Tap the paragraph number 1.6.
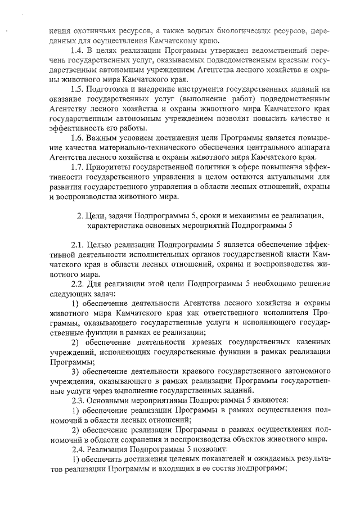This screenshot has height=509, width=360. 77,138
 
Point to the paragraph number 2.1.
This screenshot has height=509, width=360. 78,245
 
